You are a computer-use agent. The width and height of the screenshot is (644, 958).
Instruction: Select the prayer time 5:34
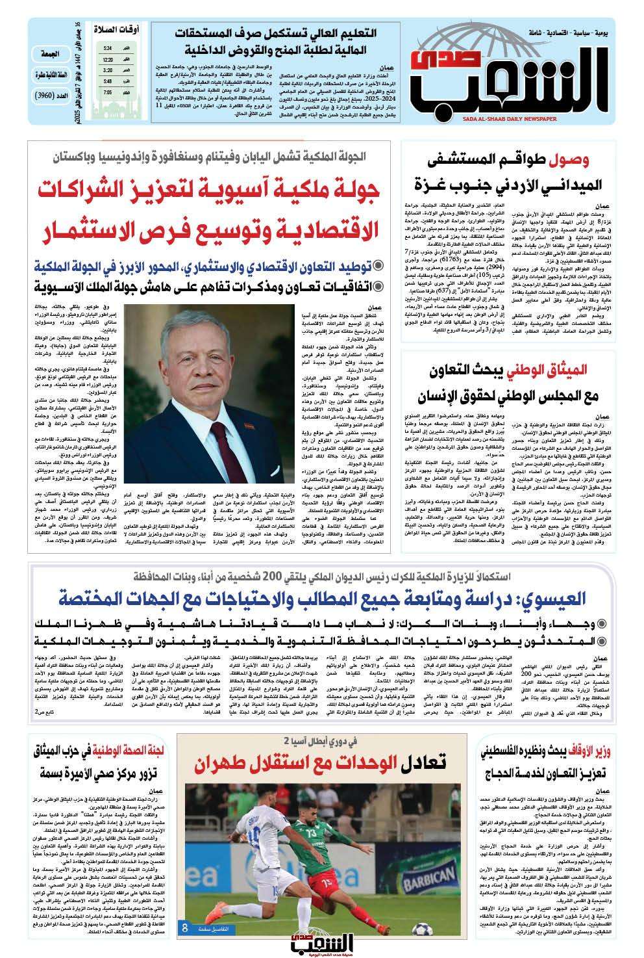coord(107,48)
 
